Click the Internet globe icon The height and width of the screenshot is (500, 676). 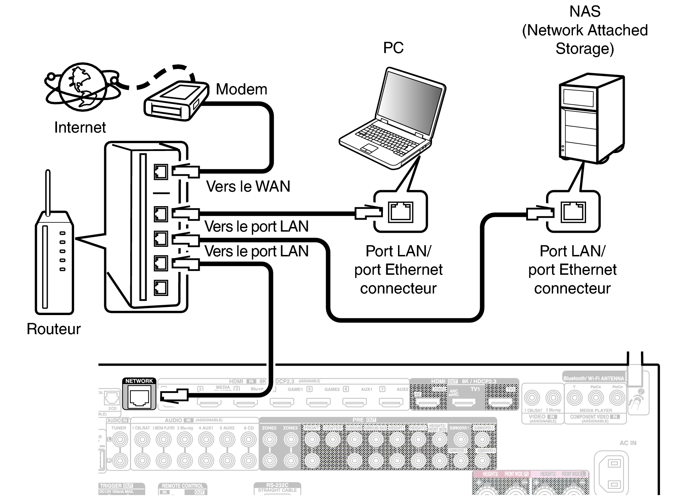[82, 87]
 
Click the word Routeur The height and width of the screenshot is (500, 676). [53, 329]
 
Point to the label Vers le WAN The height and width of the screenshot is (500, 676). [248, 186]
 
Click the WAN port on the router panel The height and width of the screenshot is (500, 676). [161, 172]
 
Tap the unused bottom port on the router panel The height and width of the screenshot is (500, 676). [161, 288]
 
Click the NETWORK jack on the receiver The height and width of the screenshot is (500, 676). [139, 398]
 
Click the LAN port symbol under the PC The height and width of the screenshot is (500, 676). [401, 212]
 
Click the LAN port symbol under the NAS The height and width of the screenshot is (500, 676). [573, 212]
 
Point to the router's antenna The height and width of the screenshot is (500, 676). [48, 191]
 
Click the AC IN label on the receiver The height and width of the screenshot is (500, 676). [627, 443]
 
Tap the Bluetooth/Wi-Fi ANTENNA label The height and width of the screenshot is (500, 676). [593, 378]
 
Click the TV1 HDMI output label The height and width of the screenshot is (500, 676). [475, 389]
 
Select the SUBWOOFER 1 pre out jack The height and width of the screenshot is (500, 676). [460, 440]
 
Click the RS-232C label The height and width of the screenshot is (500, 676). [277, 485]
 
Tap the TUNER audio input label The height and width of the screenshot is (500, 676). [119, 428]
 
